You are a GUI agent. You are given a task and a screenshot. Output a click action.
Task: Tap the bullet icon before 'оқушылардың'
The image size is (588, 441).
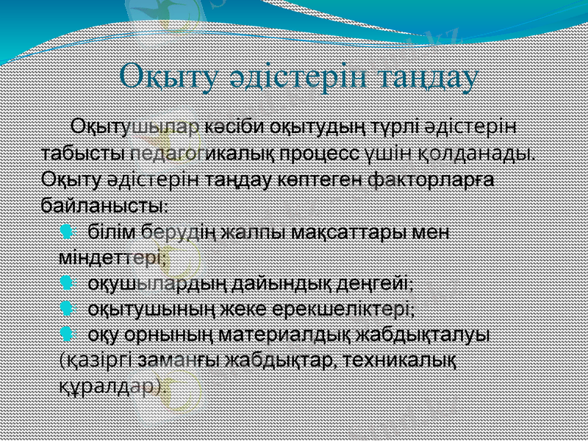pyautogui.click(x=67, y=283)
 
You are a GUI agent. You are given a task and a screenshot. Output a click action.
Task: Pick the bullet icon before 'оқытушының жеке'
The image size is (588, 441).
pyautogui.click(x=67, y=308)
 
